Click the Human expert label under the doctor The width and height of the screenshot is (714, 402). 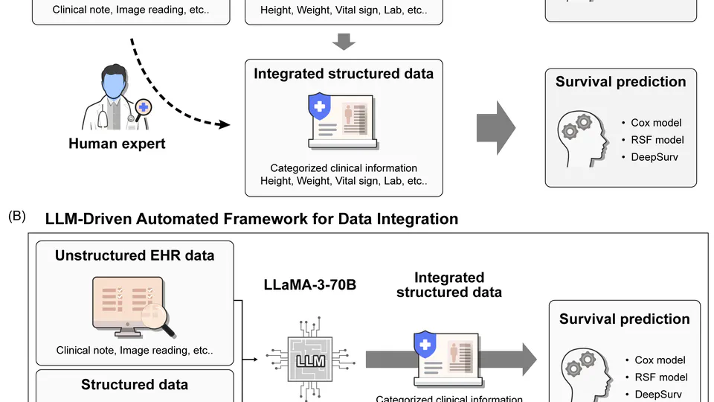pos(117,143)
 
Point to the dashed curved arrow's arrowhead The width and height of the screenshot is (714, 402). pos(222,125)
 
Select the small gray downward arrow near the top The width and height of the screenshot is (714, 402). pos(343,42)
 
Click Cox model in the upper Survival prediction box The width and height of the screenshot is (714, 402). pos(656,123)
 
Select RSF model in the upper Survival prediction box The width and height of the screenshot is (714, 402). pos(657,140)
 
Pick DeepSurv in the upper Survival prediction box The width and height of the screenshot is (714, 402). pos(654,157)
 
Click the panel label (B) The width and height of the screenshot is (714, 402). pos(17,217)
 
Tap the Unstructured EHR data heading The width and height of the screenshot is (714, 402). pos(135,255)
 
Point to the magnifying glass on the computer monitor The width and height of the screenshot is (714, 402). pos(158,317)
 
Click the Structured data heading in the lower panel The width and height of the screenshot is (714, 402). pos(135,384)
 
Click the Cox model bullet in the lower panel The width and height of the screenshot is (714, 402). pos(660,360)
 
